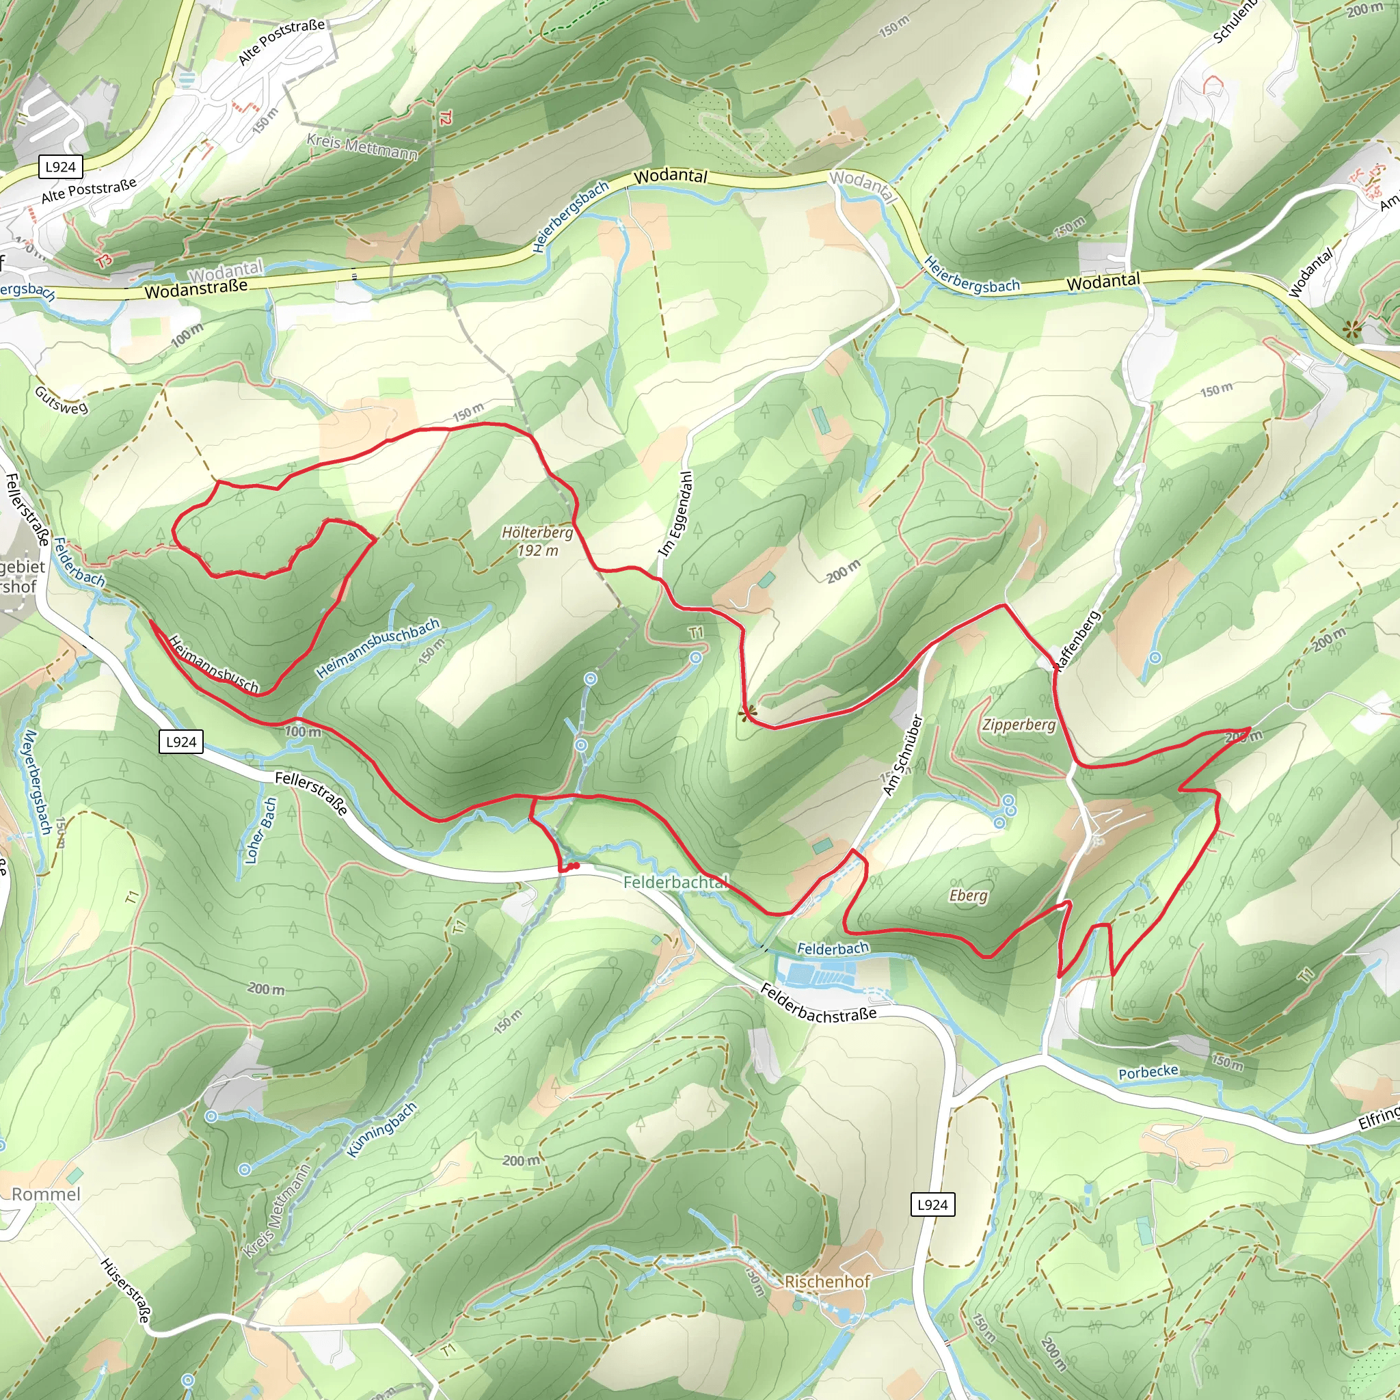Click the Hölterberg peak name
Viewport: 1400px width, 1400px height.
click(x=537, y=533)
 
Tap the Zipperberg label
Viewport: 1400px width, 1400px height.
click(x=1019, y=725)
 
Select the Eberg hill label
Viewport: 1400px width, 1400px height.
click(x=968, y=896)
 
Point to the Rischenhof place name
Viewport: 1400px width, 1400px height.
click(x=827, y=1281)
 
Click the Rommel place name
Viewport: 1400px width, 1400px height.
click(x=46, y=1194)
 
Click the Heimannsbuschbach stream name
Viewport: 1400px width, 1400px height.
click(x=377, y=648)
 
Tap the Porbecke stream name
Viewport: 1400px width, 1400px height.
click(x=1148, y=1072)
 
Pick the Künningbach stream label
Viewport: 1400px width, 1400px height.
click(x=382, y=1131)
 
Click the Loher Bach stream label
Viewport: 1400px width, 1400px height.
click(x=261, y=831)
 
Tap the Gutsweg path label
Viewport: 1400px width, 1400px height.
click(x=61, y=400)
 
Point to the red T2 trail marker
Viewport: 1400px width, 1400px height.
click(x=445, y=118)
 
